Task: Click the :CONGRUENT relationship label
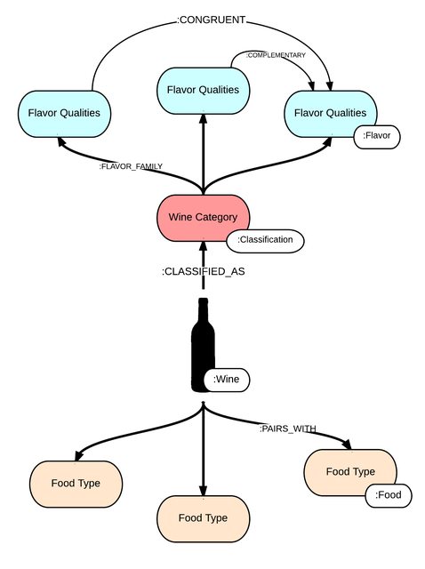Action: point(211,20)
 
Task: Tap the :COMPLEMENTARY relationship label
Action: point(276,55)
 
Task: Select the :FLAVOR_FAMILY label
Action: point(131,166)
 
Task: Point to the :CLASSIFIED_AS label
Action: point(204,271)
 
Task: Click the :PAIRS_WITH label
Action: point(287,429)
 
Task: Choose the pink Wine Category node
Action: point(204,218)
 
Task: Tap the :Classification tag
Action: point(265,240)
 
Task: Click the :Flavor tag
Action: point(377,136)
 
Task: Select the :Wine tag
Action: point(227,380)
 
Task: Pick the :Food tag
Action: point(389,495)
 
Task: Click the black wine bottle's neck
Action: point(204,310)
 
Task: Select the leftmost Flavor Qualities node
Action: point(64,114)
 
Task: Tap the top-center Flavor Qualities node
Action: point(204,91)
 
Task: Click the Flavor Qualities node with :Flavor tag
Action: point(330,114)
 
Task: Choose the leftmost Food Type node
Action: point(76,484)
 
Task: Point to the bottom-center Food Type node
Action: point(204,518)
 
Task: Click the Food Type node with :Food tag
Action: point(350,472)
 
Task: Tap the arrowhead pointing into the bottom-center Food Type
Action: point(204,490)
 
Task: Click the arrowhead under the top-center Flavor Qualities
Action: point(204,119)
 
